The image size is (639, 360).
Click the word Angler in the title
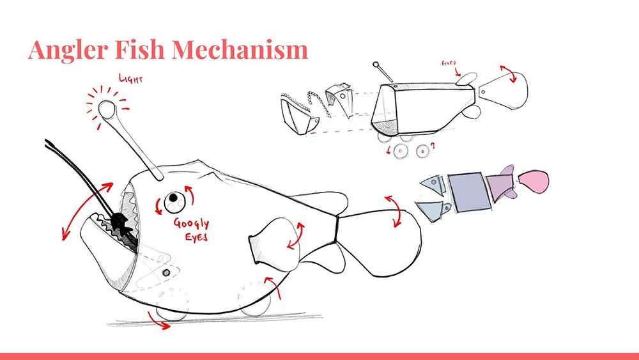coord(68,50)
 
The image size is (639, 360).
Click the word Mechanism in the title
coord(240,49)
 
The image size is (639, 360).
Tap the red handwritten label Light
coord(131,78)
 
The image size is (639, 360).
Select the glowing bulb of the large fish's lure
coord(106,109)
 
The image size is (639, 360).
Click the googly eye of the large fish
coord(174,201)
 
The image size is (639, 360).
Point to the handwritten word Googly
coord(191,224)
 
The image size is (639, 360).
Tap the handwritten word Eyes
coord(196,237)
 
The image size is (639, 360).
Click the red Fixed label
coord(449,63)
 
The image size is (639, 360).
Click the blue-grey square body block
coord(469,192)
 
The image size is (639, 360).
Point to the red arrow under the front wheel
coord(158,321)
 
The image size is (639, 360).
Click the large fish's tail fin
coord(380,242)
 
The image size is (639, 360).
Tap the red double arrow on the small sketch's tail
coord(509,73)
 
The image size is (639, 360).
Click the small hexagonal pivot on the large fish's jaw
coord(166,272)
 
